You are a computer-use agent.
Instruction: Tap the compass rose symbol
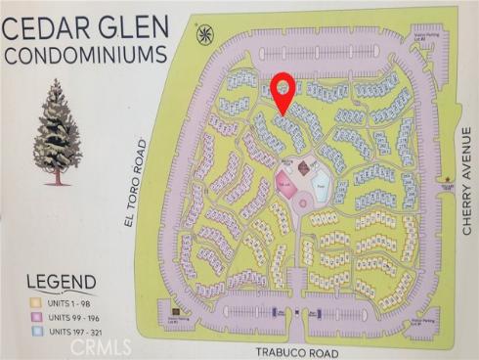click(204, 35)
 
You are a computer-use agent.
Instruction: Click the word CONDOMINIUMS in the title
click(85, 55)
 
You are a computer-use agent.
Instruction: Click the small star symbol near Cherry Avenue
click(447, 178)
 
